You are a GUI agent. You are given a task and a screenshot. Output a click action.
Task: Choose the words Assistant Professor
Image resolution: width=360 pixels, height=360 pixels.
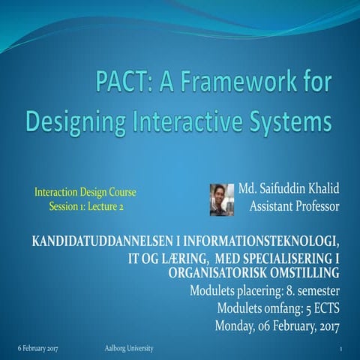click(x=294, y=205)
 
